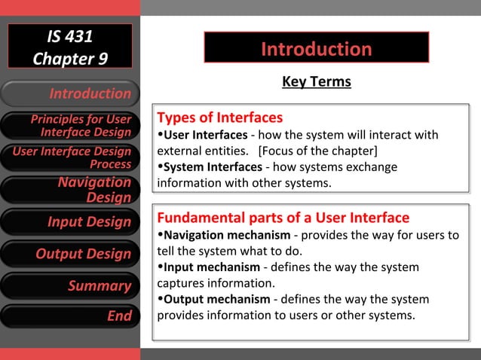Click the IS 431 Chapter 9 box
pyautogui.click(x=69, y=46)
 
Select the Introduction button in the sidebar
pyautogui.click(x=70, y=93)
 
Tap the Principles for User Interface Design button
pyautogui.click(x=70, y=126)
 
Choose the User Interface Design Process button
pyautogui.click(x=70, y=157)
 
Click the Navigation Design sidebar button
pyautogui.click(x=70, y=189)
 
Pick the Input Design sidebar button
pyautogui.click(x=70, y=221)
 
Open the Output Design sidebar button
pyautogui.click(x=70, y=254)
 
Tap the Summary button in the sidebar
pyautogui.click(x=70, y=285)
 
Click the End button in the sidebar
pyautogui.click(x=70, y=316)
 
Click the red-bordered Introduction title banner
pyautogui.click(x=316, y=49)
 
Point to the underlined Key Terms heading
pyautogui.click(x=316, y=81)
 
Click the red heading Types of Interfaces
pyautogui.click(x=219, y=117)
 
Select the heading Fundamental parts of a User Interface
pyautogui.click(x=283, y=218)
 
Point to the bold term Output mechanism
pyautogui.click(x=214, y=299)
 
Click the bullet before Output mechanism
pyautogui.click(x=160, y=299)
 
